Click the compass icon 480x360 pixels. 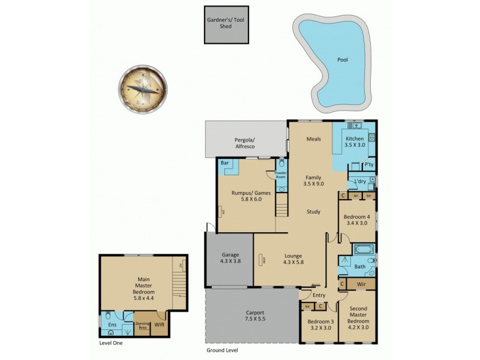click(143, 88)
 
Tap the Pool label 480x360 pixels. click(342, 60)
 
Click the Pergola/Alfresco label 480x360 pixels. click(245, 142)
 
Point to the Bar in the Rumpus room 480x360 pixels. click(224, 163)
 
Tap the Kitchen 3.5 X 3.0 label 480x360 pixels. click(355, 142)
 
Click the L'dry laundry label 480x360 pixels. click(360, 181)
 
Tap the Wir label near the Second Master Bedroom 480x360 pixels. click(361, 283)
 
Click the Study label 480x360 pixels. click(313, 211)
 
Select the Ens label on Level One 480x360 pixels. click(112, 325)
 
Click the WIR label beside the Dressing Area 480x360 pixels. click(159, 325)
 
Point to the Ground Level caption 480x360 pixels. click(221, 350)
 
